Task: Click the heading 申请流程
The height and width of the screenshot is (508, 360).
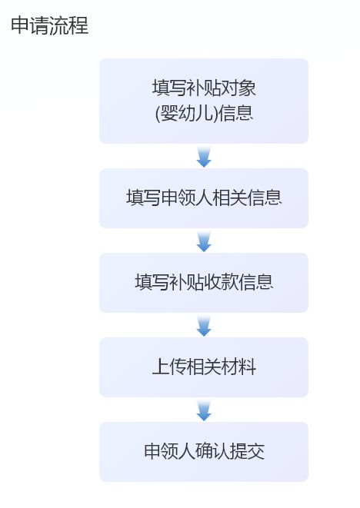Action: (50, 25)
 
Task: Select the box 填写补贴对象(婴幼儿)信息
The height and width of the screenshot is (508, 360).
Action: (204, 101)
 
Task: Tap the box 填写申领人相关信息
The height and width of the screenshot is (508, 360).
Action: (204, 198)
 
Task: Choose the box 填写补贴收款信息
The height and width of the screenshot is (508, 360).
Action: (204, 283)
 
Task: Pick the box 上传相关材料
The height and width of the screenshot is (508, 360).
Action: (204, 367)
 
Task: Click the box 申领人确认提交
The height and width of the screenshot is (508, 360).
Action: (204, 452)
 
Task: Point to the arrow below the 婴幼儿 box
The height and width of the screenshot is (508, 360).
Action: (204, 157)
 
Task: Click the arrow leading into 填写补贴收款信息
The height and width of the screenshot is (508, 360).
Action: (204, 241)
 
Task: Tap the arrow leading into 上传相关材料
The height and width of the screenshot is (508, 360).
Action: (204, 326)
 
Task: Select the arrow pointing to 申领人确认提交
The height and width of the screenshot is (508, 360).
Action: (204, 410)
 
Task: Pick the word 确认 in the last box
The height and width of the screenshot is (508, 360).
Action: (212, 450)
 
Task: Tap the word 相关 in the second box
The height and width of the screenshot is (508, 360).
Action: (230, 197)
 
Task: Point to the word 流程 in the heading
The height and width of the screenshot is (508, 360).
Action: (68, 25)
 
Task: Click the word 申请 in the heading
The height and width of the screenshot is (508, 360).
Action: (30, 25)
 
